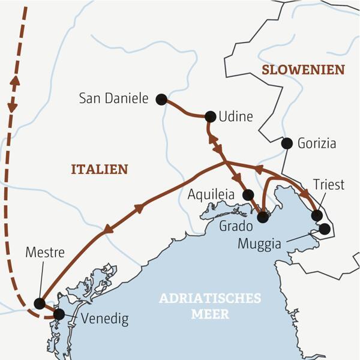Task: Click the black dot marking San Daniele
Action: click(x=161, y=100)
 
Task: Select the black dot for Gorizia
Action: click(x=287, y=143)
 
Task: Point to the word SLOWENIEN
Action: click(x=303, y=70)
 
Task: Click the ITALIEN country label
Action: click(x=100, y=169)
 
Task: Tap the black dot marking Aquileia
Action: click(x=248, y=194)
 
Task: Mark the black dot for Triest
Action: click(x=317, y=215)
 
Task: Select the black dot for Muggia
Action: click(x=325, y=229)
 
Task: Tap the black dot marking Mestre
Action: click(x=40, y=304)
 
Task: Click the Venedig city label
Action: click(x=104, y=319)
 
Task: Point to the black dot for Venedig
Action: click(x=59, y=314)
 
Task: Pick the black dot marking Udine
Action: click(x=210, y=116)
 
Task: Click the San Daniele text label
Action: click(x=113, y=98)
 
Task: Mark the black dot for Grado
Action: click(x=262, y=217)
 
